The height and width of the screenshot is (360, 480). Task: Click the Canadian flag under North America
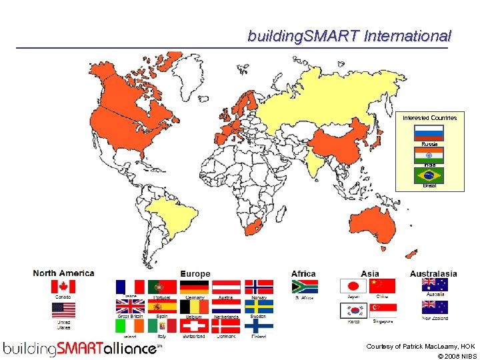point(64,287)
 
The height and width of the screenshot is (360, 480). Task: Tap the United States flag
point(64,310)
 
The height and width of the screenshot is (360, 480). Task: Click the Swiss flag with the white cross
point(194,326)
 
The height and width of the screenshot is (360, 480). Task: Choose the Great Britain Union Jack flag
point(130,307)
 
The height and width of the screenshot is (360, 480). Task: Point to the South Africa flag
point(305,287)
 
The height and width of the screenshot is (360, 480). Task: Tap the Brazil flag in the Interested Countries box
point(429,175)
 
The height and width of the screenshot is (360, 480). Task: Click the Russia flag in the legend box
point(429,132)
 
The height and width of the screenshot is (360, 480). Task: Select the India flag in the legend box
point(429,154)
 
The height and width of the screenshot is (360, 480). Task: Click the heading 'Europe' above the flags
point(195,274)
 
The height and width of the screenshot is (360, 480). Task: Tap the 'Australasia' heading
point(433,273)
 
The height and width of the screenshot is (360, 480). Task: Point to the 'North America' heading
point(63,273)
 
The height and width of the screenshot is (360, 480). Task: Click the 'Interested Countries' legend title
point(429,118)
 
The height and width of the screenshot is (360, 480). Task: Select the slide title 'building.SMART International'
point(349,36)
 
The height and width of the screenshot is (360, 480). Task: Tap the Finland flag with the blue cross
point(259,326)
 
